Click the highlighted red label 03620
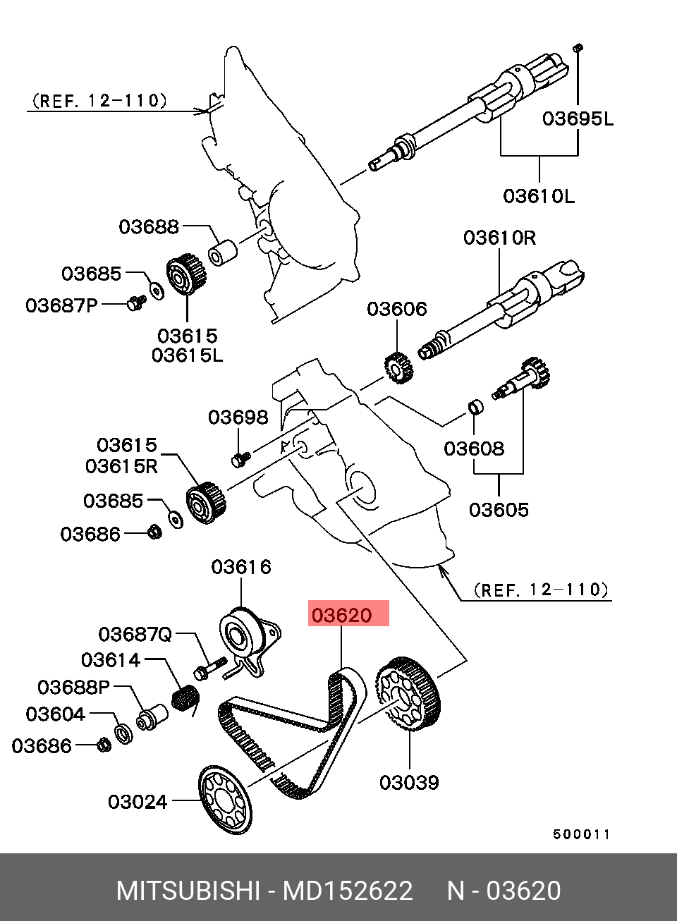click(348, 614)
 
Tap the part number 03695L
click(578, 118)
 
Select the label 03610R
click(499, 238)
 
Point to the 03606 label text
click(396, 309)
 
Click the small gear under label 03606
click(398, 367)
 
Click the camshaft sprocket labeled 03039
click(408, 695)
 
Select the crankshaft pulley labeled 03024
click(224, 800)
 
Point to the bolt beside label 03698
click(239, 459)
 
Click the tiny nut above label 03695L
click(578, 48)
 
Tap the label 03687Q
click(135, 635)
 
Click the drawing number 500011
click(581, 834)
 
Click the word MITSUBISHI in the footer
click(188, 891)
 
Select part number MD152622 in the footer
click(348, 891)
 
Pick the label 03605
click(499, 510)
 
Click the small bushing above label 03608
click(476, 408)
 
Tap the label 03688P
click(73, 687)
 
